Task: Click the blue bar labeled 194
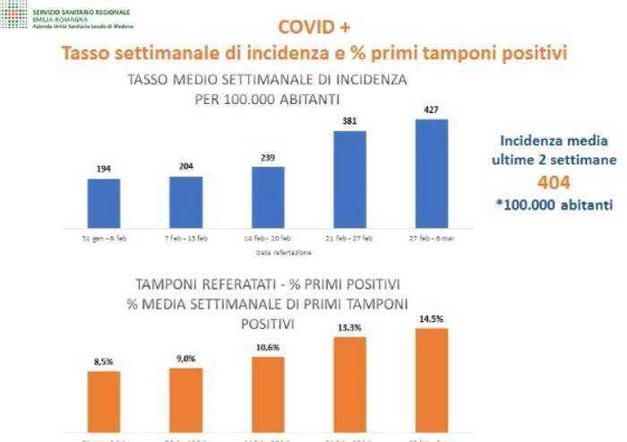pyautogui.click(x=103, y=204)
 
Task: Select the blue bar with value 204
pyautogui.click(x=185, y=202)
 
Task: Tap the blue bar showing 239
pyautogui.click(x=268, y=197)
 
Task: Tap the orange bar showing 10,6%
pyautogui.click(x=268, y=394)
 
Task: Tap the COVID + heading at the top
pyautogui.click(x=313, y=27)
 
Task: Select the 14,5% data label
pyautogui.click(x=431, y=319)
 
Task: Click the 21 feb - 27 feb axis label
pyautogui.click(x=349, y=238)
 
